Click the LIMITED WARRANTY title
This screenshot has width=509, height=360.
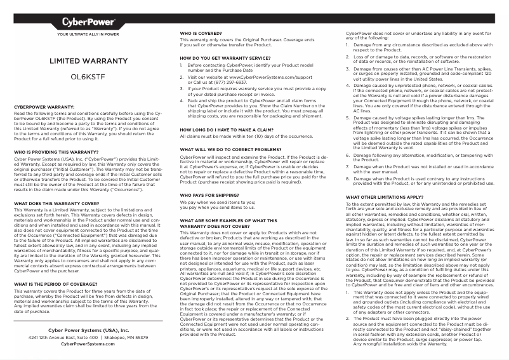(88, 61)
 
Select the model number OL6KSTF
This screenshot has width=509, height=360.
(88, 77)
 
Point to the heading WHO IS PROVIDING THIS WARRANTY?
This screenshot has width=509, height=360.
(55, 152)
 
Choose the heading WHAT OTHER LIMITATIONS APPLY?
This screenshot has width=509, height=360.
(384, 197)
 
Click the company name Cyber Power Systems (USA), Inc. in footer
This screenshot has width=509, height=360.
(88, 331)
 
